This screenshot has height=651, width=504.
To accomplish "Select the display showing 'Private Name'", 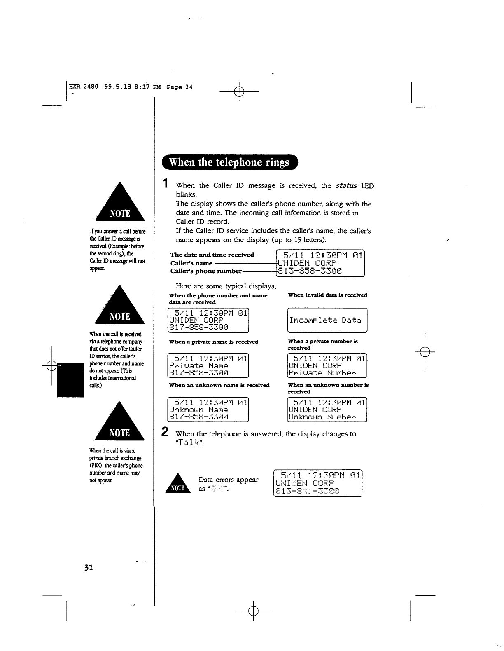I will (208, 366).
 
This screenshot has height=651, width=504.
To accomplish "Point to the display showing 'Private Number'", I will (327, 366).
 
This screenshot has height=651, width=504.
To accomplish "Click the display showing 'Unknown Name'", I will (208, 410).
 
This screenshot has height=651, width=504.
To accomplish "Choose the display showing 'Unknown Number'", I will (327, 410).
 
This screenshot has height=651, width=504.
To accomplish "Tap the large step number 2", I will (165, 432).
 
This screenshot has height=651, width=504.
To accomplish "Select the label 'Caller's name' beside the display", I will (191, 263).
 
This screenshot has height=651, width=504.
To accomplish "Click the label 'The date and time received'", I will (212, 255).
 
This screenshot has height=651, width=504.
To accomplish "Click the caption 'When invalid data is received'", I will (327, 295).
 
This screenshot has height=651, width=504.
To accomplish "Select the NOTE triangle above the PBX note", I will (119, 422).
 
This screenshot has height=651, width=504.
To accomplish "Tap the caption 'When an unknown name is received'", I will (219, 385).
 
